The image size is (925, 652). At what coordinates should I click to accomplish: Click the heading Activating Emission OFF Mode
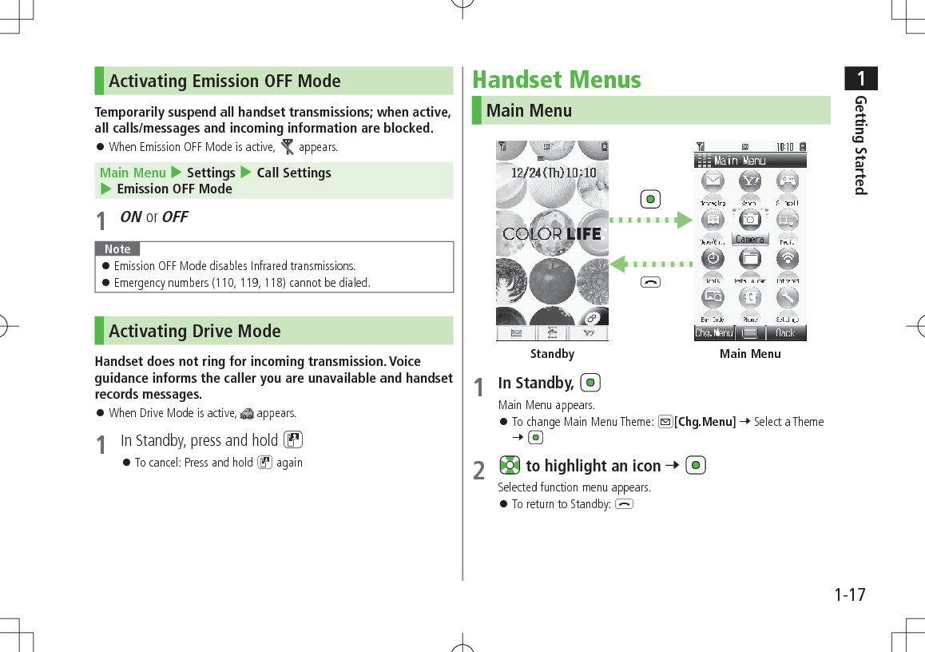point(224,81)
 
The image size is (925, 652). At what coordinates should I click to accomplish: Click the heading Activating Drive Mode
point(194,332)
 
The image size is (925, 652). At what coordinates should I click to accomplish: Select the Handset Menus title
point(557,80)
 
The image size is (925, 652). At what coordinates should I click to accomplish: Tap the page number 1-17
point(850,595)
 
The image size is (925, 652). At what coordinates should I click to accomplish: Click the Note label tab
point(117,249)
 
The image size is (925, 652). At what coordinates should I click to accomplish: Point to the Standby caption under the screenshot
point(552,354)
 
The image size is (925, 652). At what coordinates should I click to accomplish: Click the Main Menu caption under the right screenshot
point(750,354)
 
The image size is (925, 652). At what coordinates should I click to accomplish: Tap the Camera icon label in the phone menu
point(750,239)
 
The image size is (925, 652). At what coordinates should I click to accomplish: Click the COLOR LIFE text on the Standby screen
point(552,234)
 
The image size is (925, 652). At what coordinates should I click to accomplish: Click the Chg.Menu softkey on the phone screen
point(713,333)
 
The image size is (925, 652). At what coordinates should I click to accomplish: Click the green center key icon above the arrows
point(651,198)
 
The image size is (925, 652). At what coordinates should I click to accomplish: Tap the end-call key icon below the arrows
point(651,281)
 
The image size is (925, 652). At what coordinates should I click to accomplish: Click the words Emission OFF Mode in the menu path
point(174,189)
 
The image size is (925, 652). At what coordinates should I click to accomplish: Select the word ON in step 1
point(131,217)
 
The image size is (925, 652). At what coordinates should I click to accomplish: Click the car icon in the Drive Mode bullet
point(247,414)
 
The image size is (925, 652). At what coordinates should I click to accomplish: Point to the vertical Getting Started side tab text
point(860,145)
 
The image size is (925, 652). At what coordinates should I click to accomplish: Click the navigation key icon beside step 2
point(509,466)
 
